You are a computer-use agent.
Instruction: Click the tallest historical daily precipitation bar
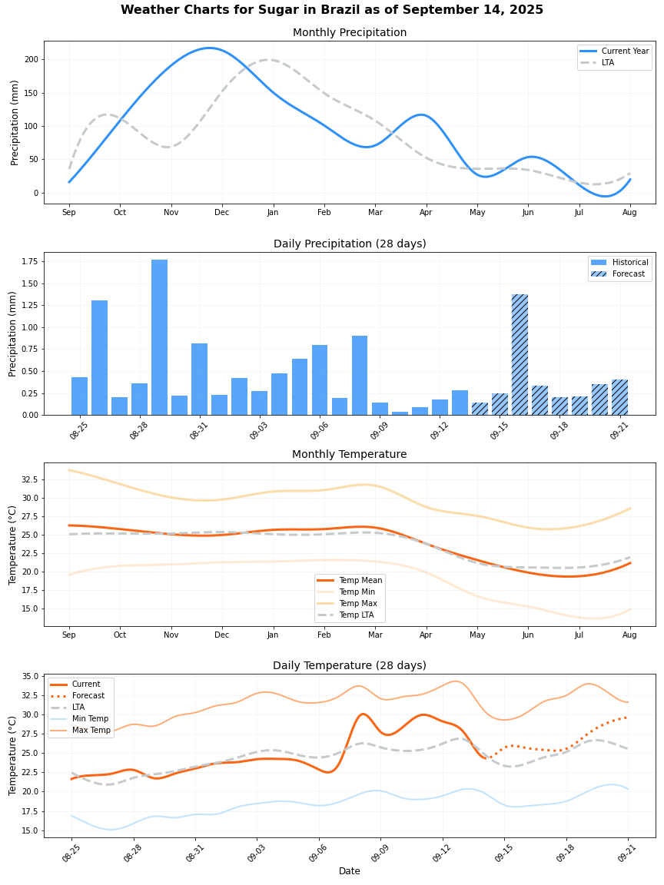click(x=159, y=337)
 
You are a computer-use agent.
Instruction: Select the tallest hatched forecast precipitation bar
click(x=520, y=354)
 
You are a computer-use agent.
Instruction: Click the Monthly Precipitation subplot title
click(x=350, y=32)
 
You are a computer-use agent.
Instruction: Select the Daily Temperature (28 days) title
click(x=350, y=665)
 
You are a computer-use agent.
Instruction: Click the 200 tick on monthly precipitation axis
click(x=31, y=59)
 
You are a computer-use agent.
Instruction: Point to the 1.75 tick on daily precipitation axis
click(x=28, y=261)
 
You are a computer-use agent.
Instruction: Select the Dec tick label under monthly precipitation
click(x=221, y=212)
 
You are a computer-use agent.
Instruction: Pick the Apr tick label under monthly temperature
click(x=426, y=635)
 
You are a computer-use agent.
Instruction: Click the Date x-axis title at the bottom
click(x=350, y=871)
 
